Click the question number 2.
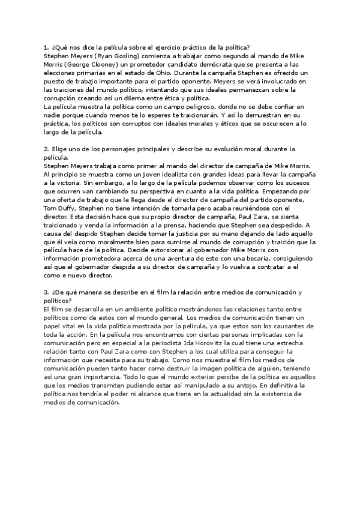[46, 148]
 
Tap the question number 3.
[46, 292]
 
